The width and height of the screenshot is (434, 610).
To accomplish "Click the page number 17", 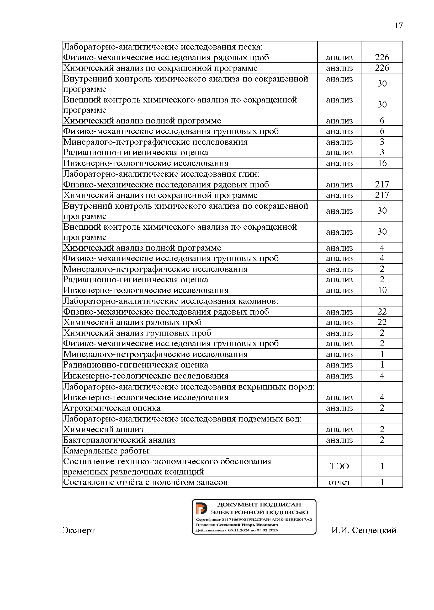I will tap(399, 26).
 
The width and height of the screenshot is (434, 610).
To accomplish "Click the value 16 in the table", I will tap(382, 163).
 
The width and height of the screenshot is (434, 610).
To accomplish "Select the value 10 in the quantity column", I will tap(382, 290).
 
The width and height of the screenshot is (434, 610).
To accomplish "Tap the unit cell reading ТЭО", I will tap(339, 466).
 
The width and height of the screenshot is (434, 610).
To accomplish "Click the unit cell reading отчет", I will tap(339, 482).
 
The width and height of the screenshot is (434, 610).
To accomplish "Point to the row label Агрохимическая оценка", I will tap(112, 408).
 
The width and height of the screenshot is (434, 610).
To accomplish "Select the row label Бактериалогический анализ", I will tap(119, 440).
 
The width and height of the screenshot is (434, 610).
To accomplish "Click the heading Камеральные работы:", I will tap(107, 451).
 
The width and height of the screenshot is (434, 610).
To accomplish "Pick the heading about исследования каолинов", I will tap(171, 301).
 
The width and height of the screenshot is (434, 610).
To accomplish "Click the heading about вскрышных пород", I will tap(189, 387).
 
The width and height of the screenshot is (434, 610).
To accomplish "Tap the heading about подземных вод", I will tap(182, 419).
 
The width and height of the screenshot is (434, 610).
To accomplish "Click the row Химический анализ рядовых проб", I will tap(132, 322).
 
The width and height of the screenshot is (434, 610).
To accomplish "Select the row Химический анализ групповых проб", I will tap(137, 333).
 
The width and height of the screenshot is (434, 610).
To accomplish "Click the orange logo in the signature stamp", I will tap(201, 508).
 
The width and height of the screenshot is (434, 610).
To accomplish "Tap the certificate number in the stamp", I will tap(254, 520).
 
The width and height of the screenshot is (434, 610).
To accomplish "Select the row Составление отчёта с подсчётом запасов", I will tap(145, 482).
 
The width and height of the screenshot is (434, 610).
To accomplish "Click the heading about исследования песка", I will tap(163, 47).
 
